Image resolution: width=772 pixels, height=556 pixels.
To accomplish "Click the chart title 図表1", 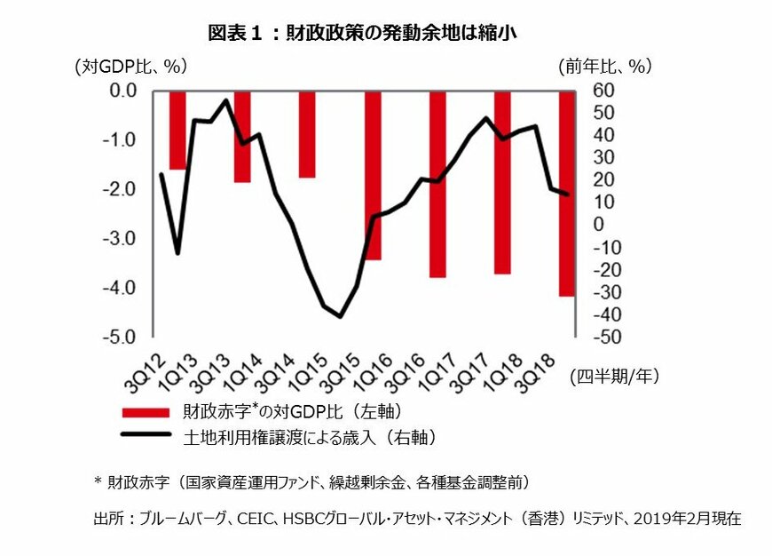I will coord(361,34).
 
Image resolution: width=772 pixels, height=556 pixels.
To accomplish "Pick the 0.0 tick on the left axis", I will coord(120,91).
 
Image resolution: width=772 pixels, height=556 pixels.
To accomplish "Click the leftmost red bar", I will coord(178,130).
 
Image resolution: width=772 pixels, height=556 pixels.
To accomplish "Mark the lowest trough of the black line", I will coord(340,316).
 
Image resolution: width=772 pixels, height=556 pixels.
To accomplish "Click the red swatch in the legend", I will coord(146,412).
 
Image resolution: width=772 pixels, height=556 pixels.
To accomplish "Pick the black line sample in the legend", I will coord(146,436).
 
